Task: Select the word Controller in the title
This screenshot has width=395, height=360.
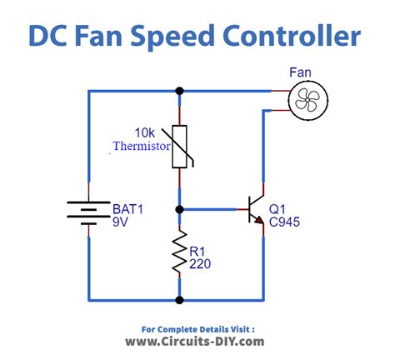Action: tap(302, 37)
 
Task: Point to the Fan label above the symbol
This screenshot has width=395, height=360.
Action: tap(301, 73)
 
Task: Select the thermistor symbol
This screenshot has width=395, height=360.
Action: tap(179, 146)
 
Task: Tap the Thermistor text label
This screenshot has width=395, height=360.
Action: tap(142, 146)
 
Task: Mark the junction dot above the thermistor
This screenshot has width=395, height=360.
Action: tap(179, 91)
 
